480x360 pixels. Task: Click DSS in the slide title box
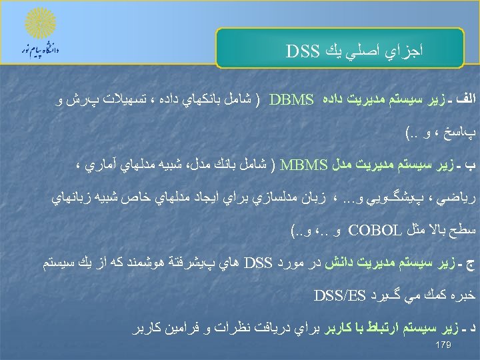pos(304,51)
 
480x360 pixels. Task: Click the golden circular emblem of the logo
pos(39,23)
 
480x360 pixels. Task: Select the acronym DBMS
pos(292,101)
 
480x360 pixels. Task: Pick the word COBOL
pos(370,232)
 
